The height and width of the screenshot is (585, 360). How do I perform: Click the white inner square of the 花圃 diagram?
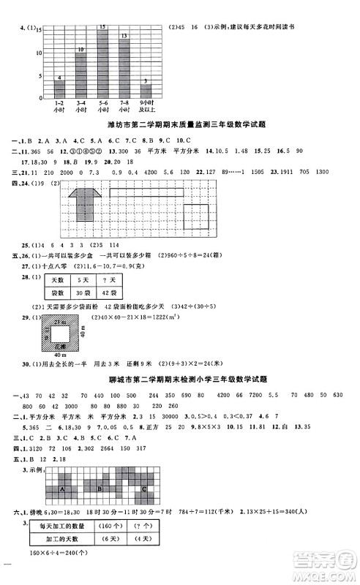tap(60, 333)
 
